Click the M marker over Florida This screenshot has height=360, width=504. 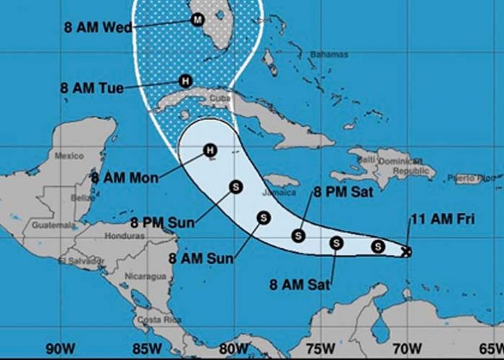[197, 20]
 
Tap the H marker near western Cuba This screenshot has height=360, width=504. [186, 81]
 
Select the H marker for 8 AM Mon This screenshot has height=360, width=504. [209, 150]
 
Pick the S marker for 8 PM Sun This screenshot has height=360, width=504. [235, 186]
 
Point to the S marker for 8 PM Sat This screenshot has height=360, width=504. [298, 235]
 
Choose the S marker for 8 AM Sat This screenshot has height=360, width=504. [336, 243]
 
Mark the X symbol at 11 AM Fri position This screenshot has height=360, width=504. [406, 251]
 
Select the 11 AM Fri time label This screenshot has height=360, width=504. [443, 218]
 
